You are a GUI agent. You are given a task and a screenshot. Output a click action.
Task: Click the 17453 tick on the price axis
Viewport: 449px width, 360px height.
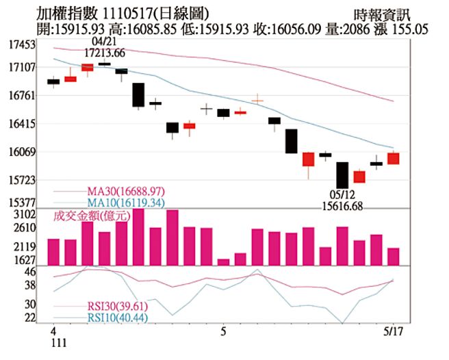(x=23, y=44)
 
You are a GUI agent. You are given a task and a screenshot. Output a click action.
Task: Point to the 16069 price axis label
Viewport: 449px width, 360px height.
(x=23, y=153)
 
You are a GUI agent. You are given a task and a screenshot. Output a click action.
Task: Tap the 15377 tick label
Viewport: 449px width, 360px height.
(x=23, y=203)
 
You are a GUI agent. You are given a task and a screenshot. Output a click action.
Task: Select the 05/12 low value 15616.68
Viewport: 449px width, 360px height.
(x=342, y=205)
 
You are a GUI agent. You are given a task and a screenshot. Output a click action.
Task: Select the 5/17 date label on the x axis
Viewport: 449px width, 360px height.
(x=392, y=331)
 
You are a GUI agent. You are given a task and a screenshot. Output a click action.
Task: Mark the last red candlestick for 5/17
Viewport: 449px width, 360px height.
(x=393, y=158)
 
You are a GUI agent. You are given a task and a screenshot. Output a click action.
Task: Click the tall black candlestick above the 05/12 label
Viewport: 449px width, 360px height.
(x=342, y=175)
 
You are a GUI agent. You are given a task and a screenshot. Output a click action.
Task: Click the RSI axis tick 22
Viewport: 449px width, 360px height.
(x=29, y=318)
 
